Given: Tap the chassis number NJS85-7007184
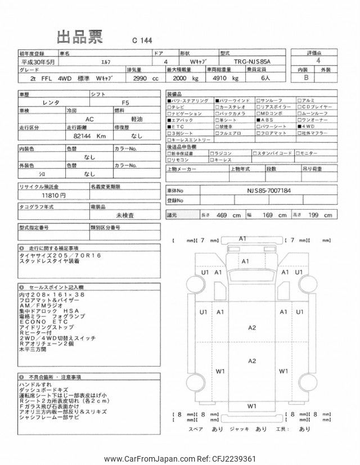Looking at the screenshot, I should pos(269,191).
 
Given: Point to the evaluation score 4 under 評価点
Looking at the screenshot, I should pos(319,61).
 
